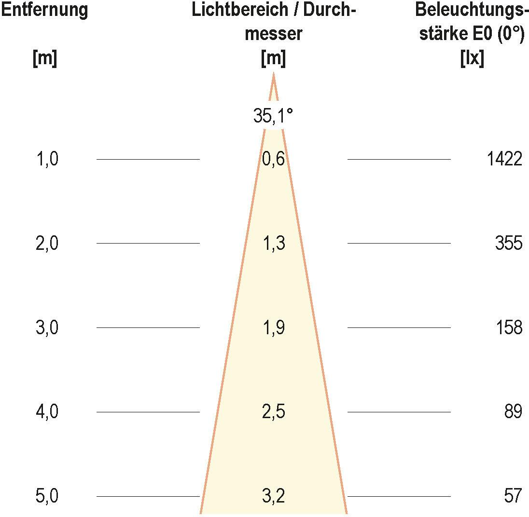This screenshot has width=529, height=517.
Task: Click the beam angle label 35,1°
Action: [x=273, y=116]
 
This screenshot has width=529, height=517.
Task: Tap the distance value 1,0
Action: [x=47, y=159]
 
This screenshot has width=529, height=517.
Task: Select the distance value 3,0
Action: [x=47, y=327]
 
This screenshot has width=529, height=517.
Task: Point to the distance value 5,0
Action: [x=47, y=496]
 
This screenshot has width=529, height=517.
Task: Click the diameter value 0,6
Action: [x=273, y=159]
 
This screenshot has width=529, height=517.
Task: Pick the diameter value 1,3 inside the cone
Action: [x=273, y=243]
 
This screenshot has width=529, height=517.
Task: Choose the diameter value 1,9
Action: [x=273, y=327]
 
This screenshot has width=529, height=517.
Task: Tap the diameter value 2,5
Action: [x=273, y=412]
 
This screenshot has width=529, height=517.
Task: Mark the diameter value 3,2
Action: [x=273, y=496]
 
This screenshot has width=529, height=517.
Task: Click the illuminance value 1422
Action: [x=504, y=159]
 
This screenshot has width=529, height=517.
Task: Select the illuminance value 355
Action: [x=508, y=243]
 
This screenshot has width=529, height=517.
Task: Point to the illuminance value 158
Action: [x=509, y=327]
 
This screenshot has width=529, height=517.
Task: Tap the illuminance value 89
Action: [x=513, y=412]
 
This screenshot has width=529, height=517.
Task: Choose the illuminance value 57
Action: [x=513, y=496]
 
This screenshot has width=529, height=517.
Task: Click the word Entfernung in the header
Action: [x=44, y=11]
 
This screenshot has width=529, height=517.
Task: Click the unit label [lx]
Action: [x=473, y=59]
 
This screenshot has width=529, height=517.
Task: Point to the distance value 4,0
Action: [x=47, y=412]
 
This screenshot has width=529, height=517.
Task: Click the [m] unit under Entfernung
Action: [x=44, y=59]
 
